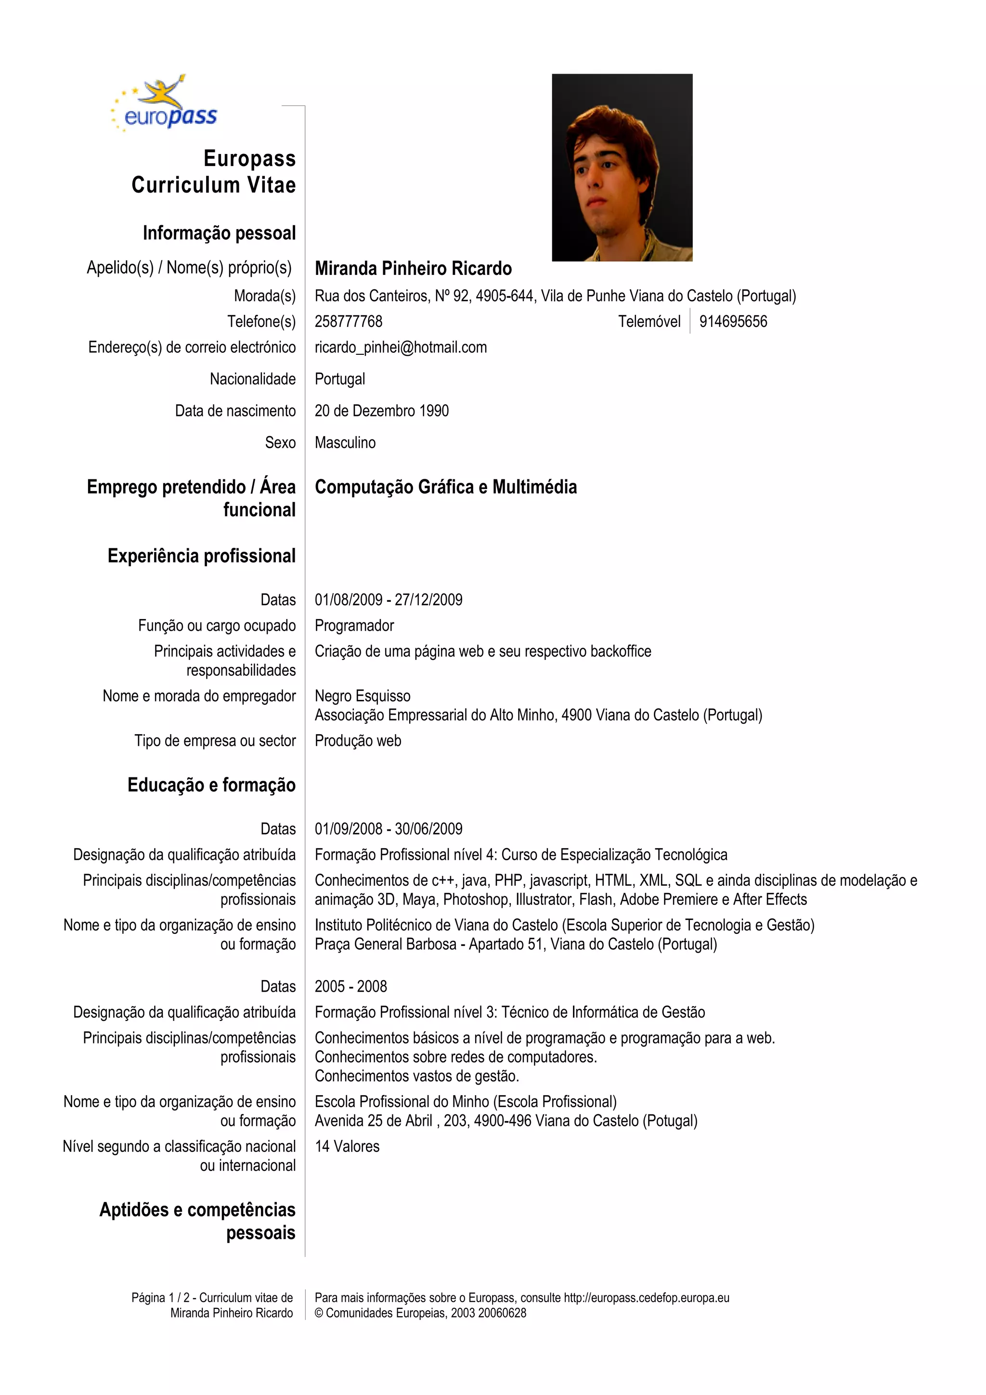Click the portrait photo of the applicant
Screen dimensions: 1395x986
click(622, 167)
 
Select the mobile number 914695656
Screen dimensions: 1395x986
click(733, 322)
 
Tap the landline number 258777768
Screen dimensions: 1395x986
click(348, 322)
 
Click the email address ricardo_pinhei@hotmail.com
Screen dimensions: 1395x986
click(401, 348)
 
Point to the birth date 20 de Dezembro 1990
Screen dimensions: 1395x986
click(381, 411)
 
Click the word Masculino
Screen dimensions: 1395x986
click(345, 442)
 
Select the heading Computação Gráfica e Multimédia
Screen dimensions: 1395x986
click(445, 487)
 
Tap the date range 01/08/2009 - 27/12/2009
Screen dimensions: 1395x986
click(388, 600)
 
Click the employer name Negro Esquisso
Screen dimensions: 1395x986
click(362, 696)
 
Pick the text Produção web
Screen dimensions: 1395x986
click(358, 741)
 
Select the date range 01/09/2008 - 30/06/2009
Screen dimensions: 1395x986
click(388, 829)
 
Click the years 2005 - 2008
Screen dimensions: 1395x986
click(350, 986)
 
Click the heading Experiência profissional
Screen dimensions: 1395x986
click(201, 555)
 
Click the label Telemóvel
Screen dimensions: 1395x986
click(649, 322)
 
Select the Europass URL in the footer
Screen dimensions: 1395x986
click(647, 1298)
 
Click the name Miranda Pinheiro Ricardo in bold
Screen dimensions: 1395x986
click(413, 268)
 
